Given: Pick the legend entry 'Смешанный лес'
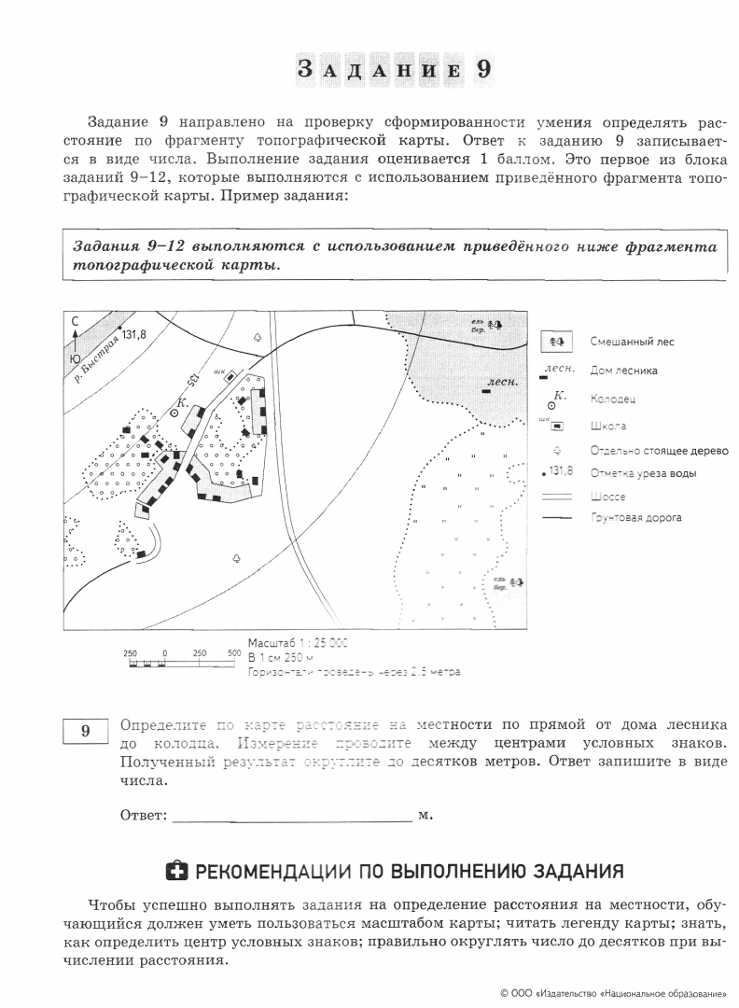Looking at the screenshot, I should click(x=631, y=343).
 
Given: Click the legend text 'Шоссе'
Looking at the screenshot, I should click(x=607, y=497).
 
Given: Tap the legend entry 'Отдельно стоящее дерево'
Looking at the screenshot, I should click(x=658, y=450).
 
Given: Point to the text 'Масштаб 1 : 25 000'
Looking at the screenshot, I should click(x=298, y=643).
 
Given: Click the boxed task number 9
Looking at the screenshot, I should click(x=85, y=731).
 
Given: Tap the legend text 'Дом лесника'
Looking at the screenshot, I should click(x=623, y=371).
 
